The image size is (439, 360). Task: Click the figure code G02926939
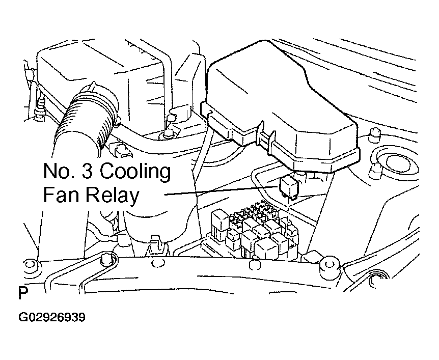52,317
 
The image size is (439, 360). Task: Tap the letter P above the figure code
23,293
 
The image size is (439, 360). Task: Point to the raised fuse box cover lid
280,106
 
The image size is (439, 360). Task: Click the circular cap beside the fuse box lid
398,162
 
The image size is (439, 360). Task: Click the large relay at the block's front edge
265,248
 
